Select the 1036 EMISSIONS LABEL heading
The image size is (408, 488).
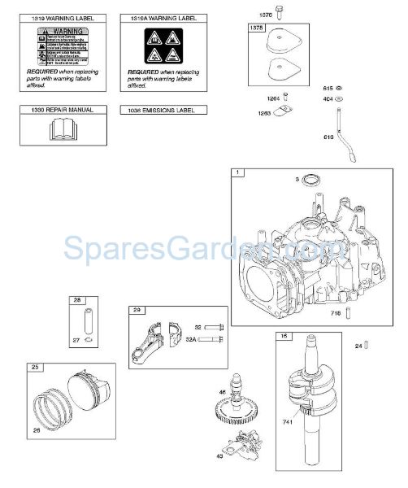[163, 109]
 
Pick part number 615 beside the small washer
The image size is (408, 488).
[328, 87]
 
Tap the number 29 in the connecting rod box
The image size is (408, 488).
[137, 311]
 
